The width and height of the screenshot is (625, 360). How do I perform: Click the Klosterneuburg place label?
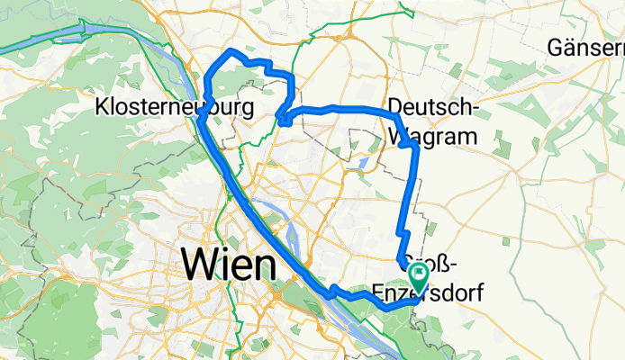click(x=175, y=107)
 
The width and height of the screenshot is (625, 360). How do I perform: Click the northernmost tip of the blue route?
click(x=232, y=49)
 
